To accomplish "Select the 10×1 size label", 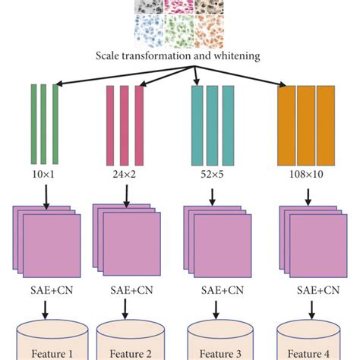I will tap(44, 174).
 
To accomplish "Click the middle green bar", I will tap(44, 124).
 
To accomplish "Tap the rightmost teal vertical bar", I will tap(226, 124).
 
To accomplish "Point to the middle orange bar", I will tap(306, 124).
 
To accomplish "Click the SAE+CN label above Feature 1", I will tap(45, 289).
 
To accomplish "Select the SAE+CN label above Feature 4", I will tap(307, 289).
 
